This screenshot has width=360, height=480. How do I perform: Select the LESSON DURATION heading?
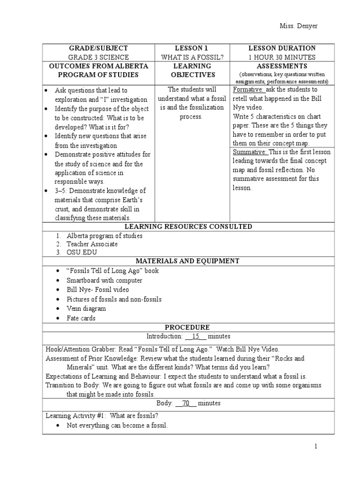tap(282, 48)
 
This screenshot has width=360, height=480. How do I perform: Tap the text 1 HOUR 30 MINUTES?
tap(282, 57)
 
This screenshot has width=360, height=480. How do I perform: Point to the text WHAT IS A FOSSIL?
tap(192, 57)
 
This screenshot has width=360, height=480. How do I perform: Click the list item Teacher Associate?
tap(92, 244)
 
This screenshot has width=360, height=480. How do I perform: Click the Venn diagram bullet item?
tap(87, 309)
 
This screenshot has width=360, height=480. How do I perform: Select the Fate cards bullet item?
tap(81, 318)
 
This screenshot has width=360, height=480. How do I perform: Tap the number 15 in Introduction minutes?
tap(196, 337)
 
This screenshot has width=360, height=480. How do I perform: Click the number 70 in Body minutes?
tap(186, 403)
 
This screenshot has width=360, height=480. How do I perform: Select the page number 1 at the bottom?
tap(316, 447)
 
